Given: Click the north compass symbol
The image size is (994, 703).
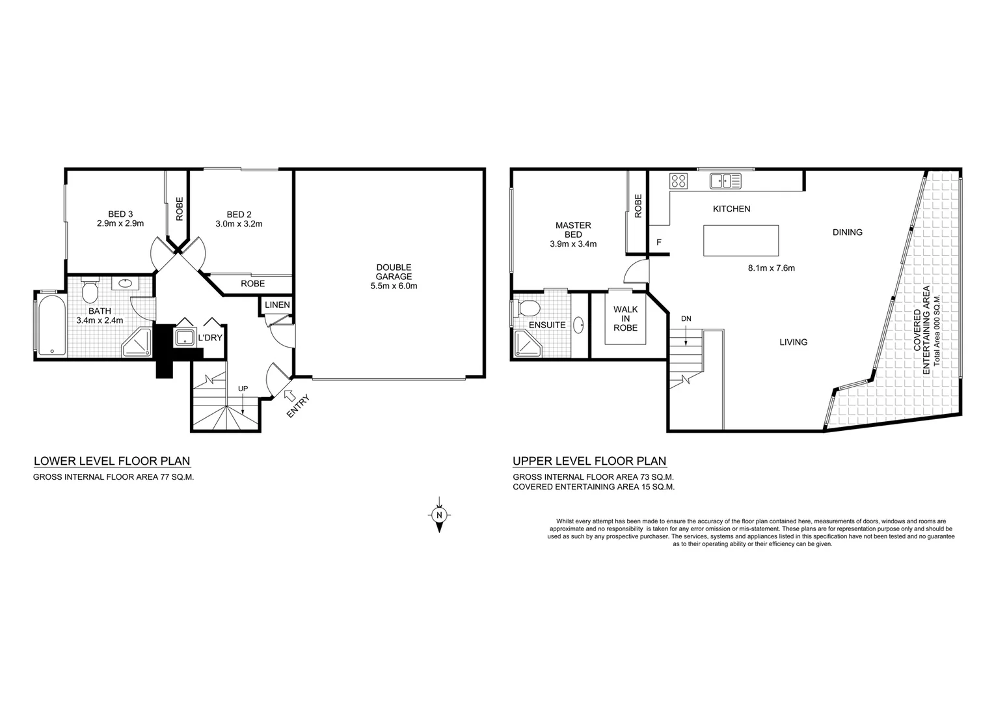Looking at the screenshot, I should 440,515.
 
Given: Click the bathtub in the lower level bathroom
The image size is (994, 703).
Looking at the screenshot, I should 51,326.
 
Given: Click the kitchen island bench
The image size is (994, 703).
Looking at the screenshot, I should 741,240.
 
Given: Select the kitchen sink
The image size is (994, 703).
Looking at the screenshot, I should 725,180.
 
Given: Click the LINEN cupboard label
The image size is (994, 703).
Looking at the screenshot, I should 277,305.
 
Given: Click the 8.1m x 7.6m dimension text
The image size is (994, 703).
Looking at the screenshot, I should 772,268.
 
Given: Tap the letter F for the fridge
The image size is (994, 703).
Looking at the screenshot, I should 659,243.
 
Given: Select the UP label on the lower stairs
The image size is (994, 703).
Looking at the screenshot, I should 243,389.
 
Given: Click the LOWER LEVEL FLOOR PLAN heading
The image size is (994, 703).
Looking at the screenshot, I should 112,462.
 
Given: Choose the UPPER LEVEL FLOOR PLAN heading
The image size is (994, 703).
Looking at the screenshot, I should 589,462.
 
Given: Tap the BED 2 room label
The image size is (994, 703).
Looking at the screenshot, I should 239,219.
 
